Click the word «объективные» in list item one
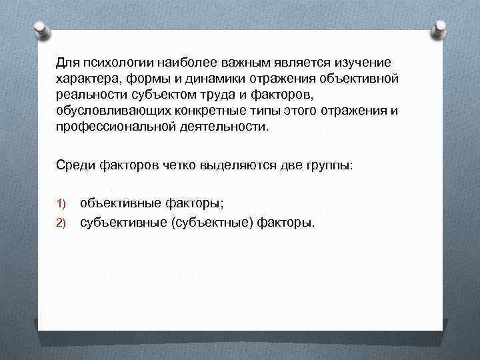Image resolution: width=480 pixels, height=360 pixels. [x=120, y=203]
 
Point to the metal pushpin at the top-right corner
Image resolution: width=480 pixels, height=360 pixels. [x=439, y=29]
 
